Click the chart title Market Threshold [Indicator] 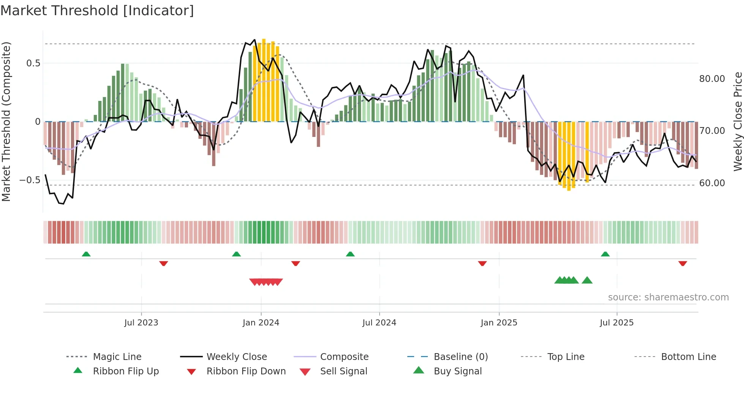coord(97,11)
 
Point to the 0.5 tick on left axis coord(33,63)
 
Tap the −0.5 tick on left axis coord(30,180)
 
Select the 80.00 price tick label coord(712,79)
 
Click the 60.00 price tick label coord(712,183)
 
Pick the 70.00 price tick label coord(712,131)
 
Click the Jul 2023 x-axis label coord(141,323)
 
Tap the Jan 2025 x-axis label coord(499,323)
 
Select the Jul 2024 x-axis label coord(379,323)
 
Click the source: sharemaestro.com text coord(668,297)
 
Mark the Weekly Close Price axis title coord(738,121)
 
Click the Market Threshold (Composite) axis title coord(6,121)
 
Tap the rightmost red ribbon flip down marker coord(683,263)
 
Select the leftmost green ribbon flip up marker coord(86,254)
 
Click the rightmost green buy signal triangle coord(587,280)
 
